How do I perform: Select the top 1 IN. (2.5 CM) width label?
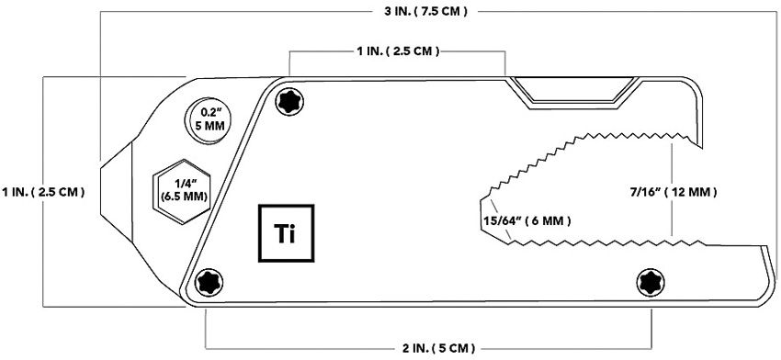point(398,52)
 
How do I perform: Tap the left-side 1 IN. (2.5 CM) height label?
point(43,193)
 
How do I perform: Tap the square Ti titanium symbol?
point(286,231)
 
